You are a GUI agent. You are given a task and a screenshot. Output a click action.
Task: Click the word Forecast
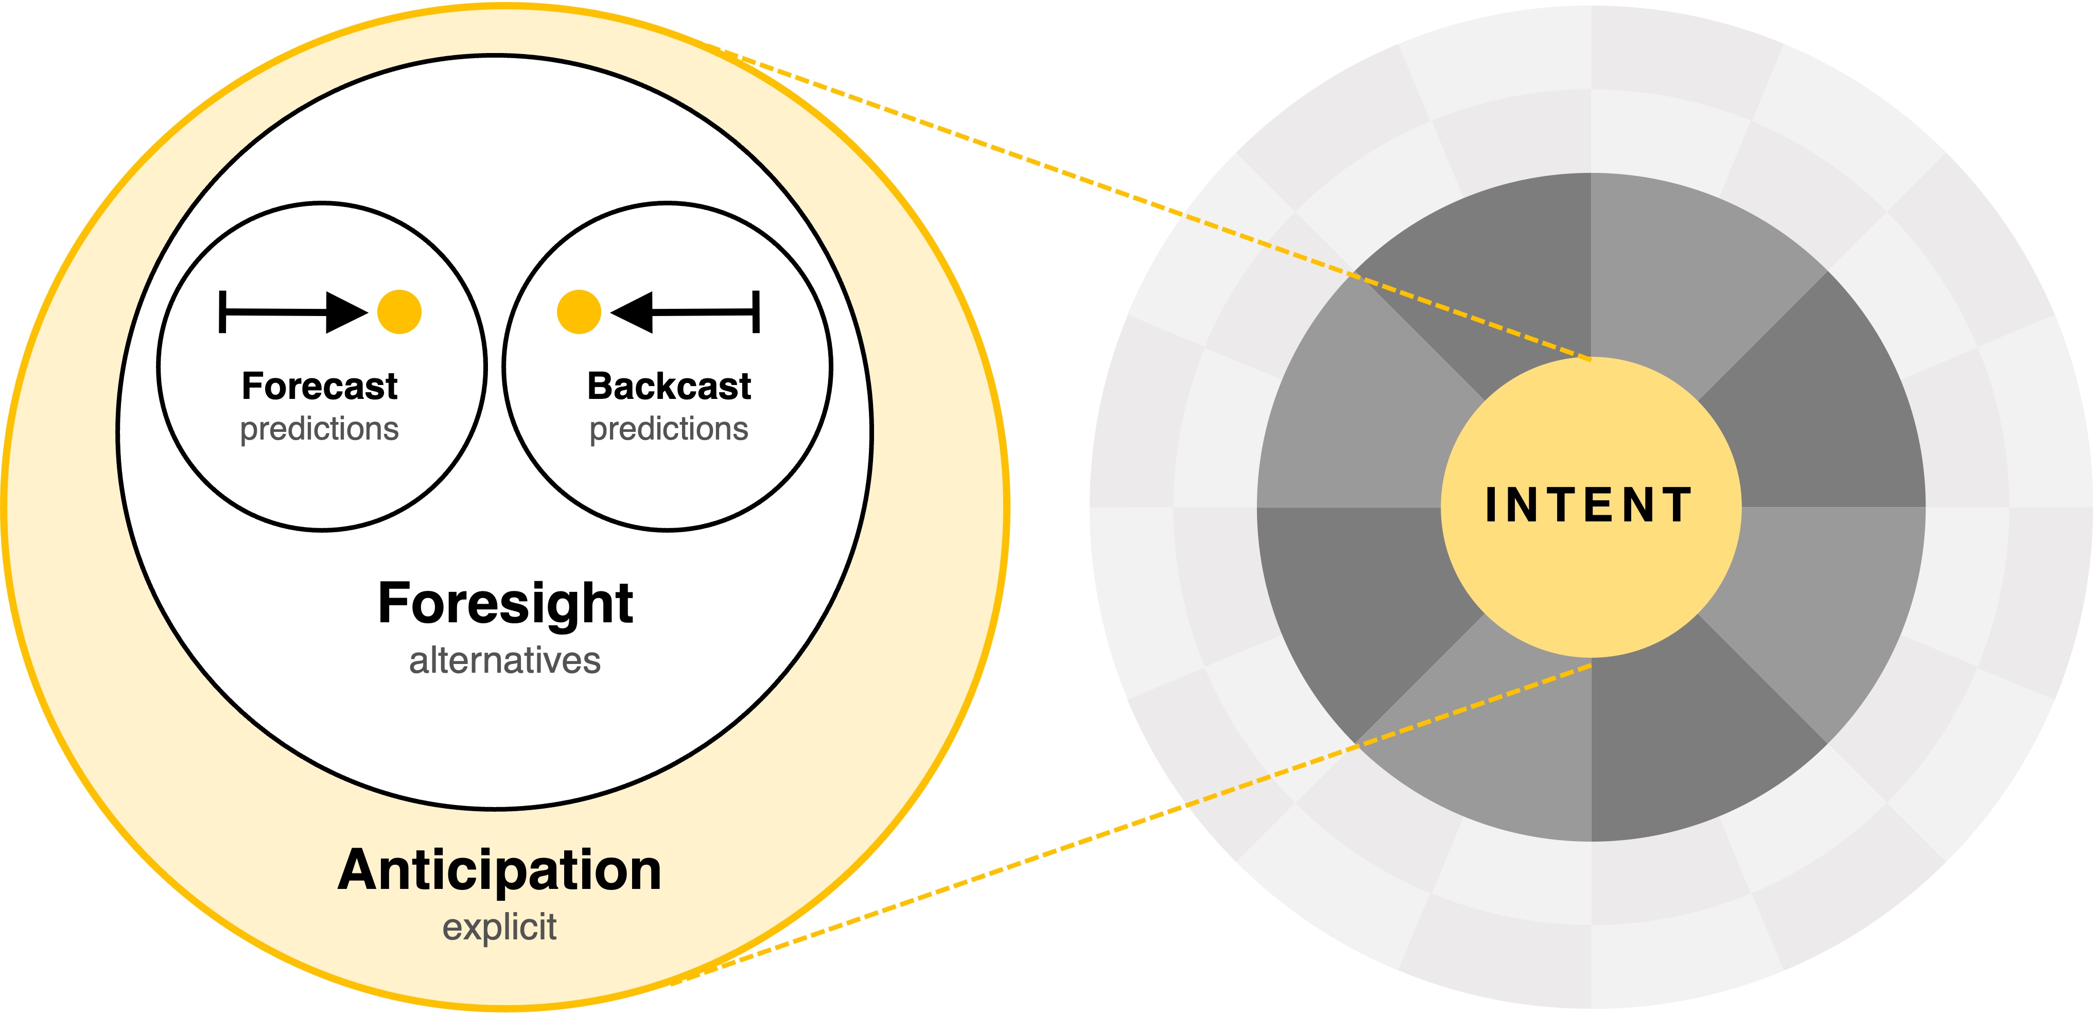[320, 386]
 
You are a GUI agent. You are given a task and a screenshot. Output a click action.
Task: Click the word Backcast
[669, 386]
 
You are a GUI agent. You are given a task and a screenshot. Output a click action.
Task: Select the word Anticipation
[499, 871]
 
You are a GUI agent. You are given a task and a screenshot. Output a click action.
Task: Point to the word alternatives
[504, 660]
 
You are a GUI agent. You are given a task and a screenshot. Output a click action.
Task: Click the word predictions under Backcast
[669, 429]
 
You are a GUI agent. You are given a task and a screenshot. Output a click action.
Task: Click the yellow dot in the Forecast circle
[399, 312]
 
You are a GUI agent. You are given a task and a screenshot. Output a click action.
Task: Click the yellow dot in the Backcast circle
[578, 312]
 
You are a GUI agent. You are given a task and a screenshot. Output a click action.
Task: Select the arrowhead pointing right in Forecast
[345, 312]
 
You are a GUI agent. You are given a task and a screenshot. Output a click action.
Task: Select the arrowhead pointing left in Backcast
[633, 312]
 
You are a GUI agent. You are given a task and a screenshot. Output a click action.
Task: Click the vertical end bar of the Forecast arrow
[222, 312]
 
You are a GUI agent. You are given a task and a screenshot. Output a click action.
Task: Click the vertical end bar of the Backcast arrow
[756, 312]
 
